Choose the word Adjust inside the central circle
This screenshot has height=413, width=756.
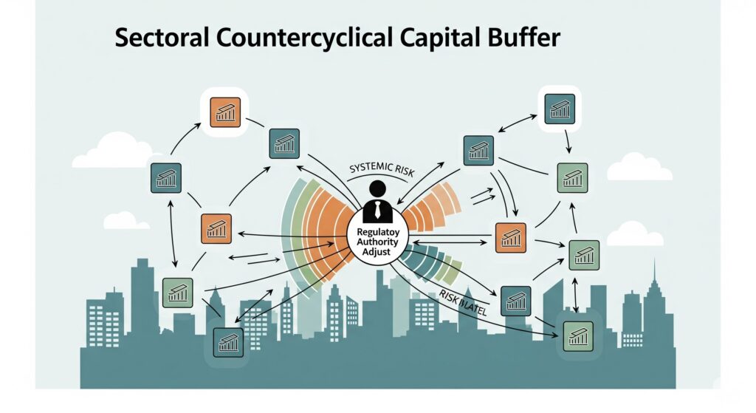click(x=378, y=252)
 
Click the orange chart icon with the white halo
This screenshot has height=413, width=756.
click(x=225, y=112)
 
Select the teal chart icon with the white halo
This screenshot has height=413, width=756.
click(x=559, y=109)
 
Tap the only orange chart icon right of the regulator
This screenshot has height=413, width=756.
click(x=510, y=238)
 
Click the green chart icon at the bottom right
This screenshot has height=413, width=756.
click(x=577, y=336)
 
